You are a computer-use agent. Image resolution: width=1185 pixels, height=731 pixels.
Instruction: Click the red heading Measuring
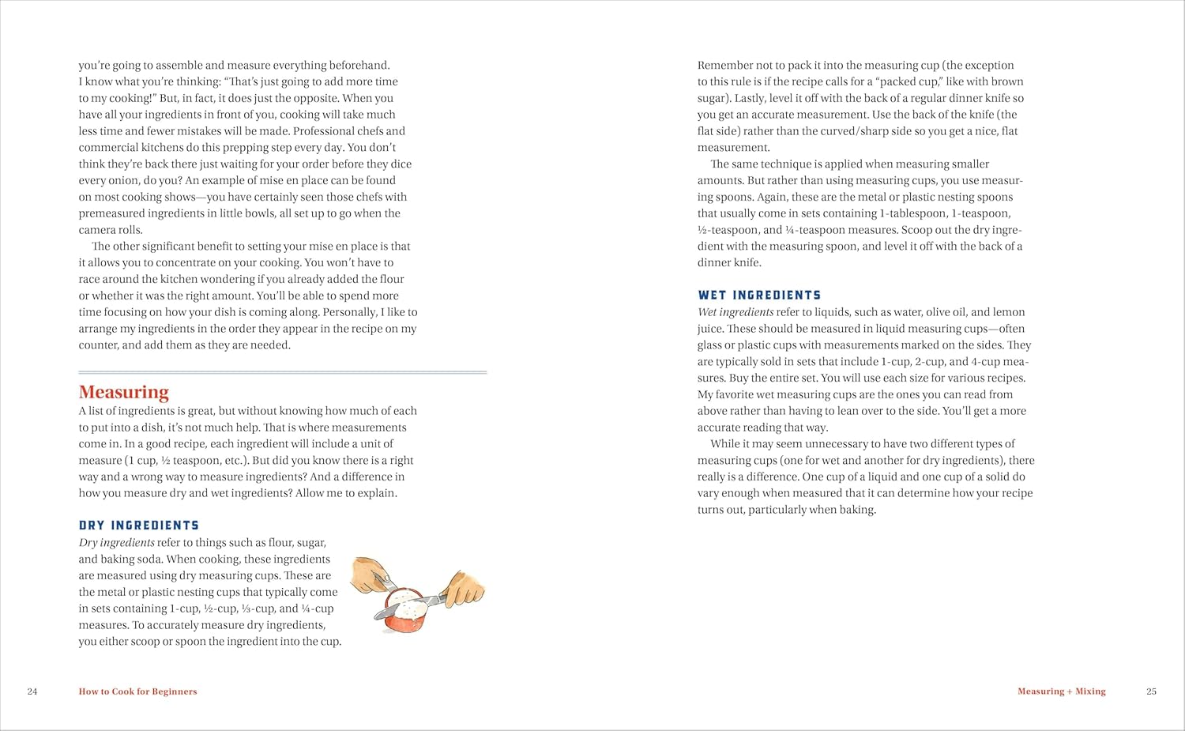(x=124, y=392)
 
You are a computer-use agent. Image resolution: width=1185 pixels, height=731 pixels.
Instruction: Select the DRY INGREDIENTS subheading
(x=139, y=526)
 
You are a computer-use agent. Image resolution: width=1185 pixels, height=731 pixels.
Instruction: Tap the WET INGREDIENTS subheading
(x=759, y=296)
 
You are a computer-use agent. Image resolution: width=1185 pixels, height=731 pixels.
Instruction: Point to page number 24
(x=32, y=691)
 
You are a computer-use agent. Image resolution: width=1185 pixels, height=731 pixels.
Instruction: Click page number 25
(x=1151, y=691)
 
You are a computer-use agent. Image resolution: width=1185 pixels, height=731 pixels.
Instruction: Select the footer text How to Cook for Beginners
(x=137, y=691)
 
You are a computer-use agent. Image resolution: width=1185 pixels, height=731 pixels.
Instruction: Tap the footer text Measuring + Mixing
(x=1061, y=691)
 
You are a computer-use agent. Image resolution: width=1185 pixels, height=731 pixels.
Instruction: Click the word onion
(x=119, y=180)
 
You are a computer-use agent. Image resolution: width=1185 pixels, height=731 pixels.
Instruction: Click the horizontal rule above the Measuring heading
(x=283, y=371)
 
